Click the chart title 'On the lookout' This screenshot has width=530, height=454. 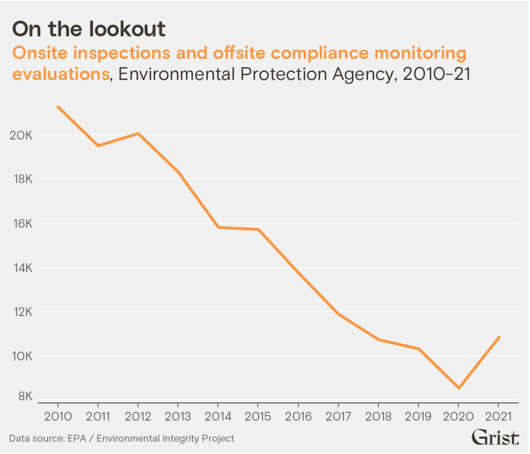[89, 29]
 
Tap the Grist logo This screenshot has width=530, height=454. [496, 437]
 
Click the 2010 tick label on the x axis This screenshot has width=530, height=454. [58, 416]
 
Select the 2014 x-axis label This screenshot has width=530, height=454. [218, 416]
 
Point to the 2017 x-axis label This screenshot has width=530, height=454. [338, 416]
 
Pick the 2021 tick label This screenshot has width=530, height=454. [498, 416]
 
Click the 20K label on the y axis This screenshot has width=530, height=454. [21, 135]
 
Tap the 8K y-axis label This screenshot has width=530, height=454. [24, 396]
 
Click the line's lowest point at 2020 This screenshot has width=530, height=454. [458, 388]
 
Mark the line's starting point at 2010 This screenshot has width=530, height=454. [58, 107]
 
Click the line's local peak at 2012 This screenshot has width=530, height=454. [138, 133]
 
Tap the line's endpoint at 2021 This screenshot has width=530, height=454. [499, 337]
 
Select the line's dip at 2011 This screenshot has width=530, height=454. [98, 145]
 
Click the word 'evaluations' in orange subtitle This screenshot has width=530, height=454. [61, 74]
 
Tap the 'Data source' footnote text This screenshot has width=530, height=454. [121, 438]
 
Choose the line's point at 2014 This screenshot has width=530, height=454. [218, 227]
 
